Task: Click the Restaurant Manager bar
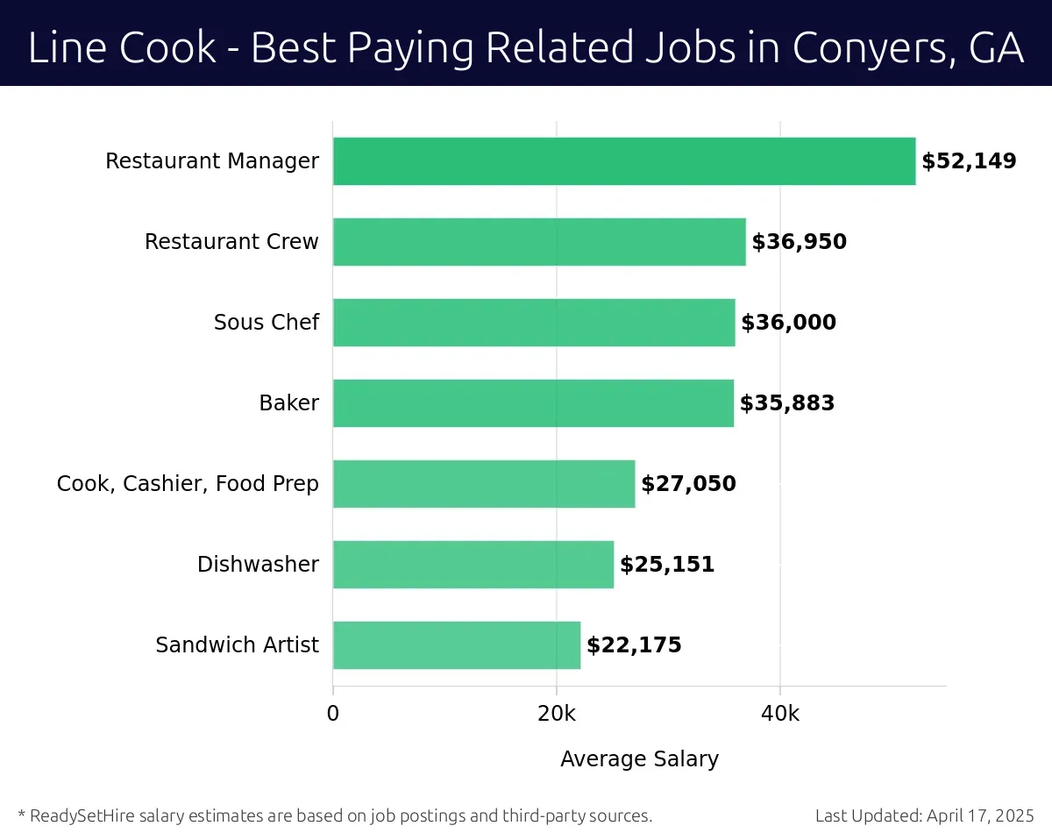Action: click(x=623, y=161)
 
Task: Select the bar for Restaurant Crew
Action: click(x=539, y=242)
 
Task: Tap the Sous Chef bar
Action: click(x=534, y=323)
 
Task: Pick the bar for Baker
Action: click(x=533, y=403)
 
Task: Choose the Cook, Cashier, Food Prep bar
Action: click(x=484, y=484)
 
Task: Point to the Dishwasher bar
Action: click(x=473, y=565)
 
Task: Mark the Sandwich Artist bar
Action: click(x=457, y=645)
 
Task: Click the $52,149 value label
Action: click(x=969, y=161)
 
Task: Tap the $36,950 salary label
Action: click(x=799, y=242)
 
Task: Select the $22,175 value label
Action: click(x=634, y=645)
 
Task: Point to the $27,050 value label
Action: click(x=688, y=484)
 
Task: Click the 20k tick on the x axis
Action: click(x=557, y=714)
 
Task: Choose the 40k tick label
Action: click(x=780, y=714)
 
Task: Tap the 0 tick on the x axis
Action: click(x=333, y=714)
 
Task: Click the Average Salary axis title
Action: click(x=639, y=759)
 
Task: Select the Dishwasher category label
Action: click(x=258, y=565)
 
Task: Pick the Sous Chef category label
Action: click(x=267, y=323)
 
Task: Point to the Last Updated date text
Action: click(x=925, y=816)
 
